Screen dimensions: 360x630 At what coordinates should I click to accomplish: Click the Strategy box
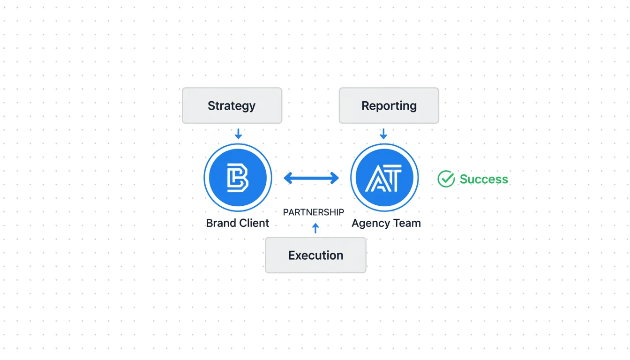point(232,105)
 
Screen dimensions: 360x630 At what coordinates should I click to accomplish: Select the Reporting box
point(389,105)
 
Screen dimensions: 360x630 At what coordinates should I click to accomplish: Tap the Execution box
point(315,255)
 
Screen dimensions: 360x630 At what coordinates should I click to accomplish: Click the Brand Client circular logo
point(238,178)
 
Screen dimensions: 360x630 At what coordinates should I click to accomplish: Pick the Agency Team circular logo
point(384,178)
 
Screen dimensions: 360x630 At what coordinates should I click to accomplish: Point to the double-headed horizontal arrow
point(311,178)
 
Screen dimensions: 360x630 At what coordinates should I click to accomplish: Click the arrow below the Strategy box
point(238,134)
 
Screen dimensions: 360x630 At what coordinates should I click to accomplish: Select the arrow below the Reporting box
point(383,134)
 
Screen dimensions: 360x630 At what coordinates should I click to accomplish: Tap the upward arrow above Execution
point(315,228)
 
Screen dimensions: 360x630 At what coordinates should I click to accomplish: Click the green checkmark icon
point(446,179)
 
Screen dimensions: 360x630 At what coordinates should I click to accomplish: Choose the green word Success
point(484,179)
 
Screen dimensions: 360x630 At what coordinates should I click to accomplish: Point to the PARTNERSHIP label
point(314,212)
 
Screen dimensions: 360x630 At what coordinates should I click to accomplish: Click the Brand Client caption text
point(238,223)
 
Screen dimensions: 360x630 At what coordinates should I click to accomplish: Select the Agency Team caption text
point(386,224)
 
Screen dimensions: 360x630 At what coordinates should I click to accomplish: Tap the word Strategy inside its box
point(232,106)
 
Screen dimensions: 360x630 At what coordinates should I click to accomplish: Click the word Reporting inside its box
point(389,106)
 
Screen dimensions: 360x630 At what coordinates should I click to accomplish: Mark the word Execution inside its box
point(315,255)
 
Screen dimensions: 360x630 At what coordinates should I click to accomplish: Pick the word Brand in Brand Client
point(221,223)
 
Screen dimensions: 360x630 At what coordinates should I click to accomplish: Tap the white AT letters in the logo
point(383,179)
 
